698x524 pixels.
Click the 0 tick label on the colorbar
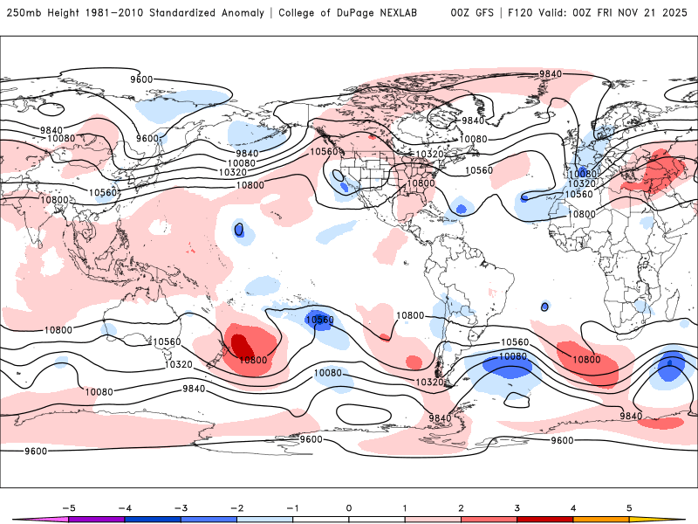349,507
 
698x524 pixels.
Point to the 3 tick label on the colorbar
517,507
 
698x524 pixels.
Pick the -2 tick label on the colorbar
236,507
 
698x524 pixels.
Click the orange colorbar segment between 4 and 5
601,519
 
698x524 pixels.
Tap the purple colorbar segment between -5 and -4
97,519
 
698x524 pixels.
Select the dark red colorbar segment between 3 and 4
545,519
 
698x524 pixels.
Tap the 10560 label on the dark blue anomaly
319,320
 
